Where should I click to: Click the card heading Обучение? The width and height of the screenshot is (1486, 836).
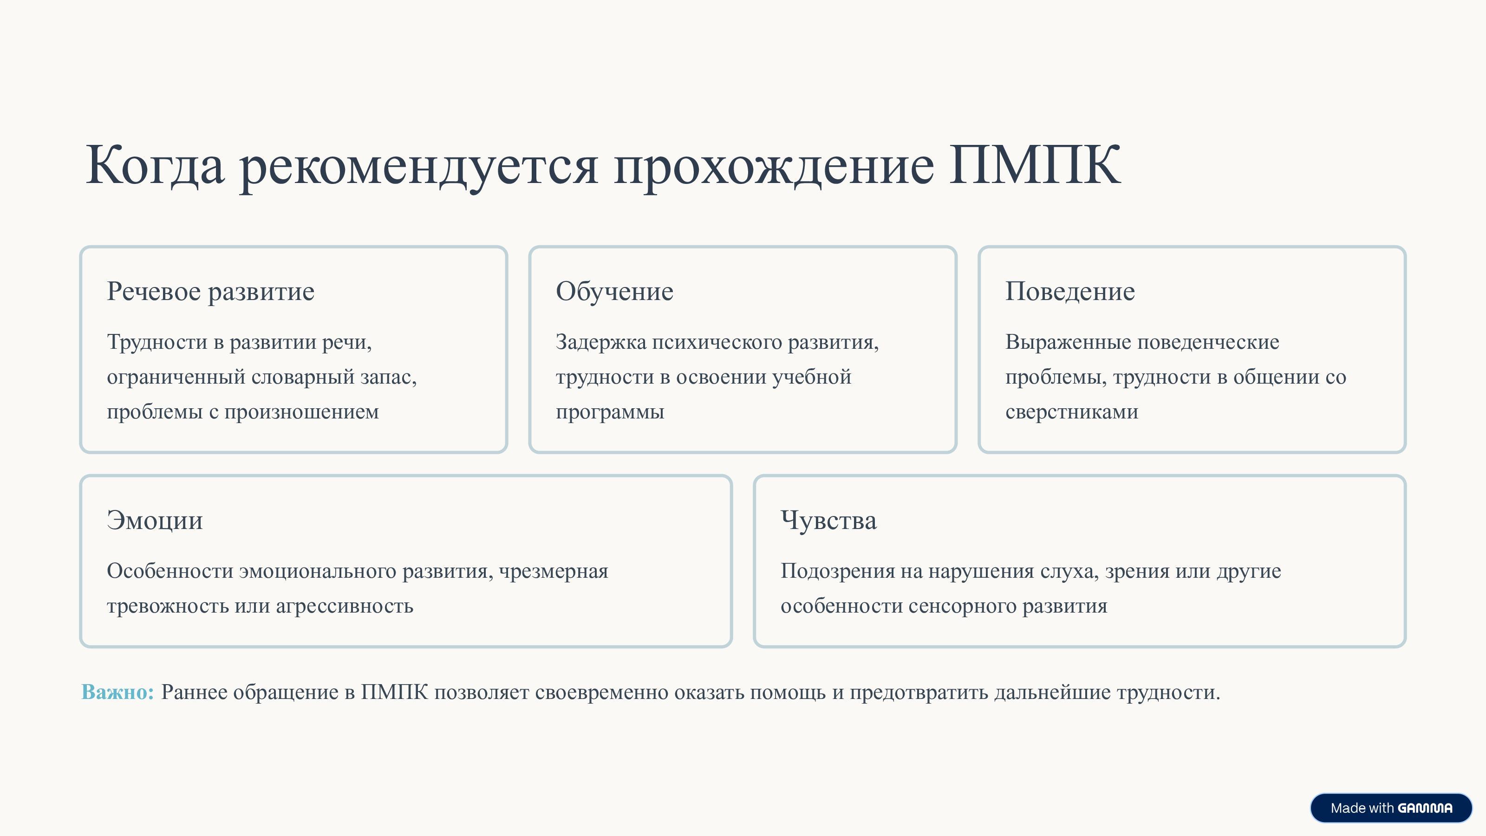tap(614, 291)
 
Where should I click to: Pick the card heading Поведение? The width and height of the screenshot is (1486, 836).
tap(1070, 291)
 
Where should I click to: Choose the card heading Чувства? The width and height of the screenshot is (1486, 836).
tap(828, 520)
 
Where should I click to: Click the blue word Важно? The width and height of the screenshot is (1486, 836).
tap(117, 692)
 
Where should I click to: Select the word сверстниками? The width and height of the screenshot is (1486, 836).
tap(1072, 412)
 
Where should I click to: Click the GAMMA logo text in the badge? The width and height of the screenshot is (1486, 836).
tap(1425, 808)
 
